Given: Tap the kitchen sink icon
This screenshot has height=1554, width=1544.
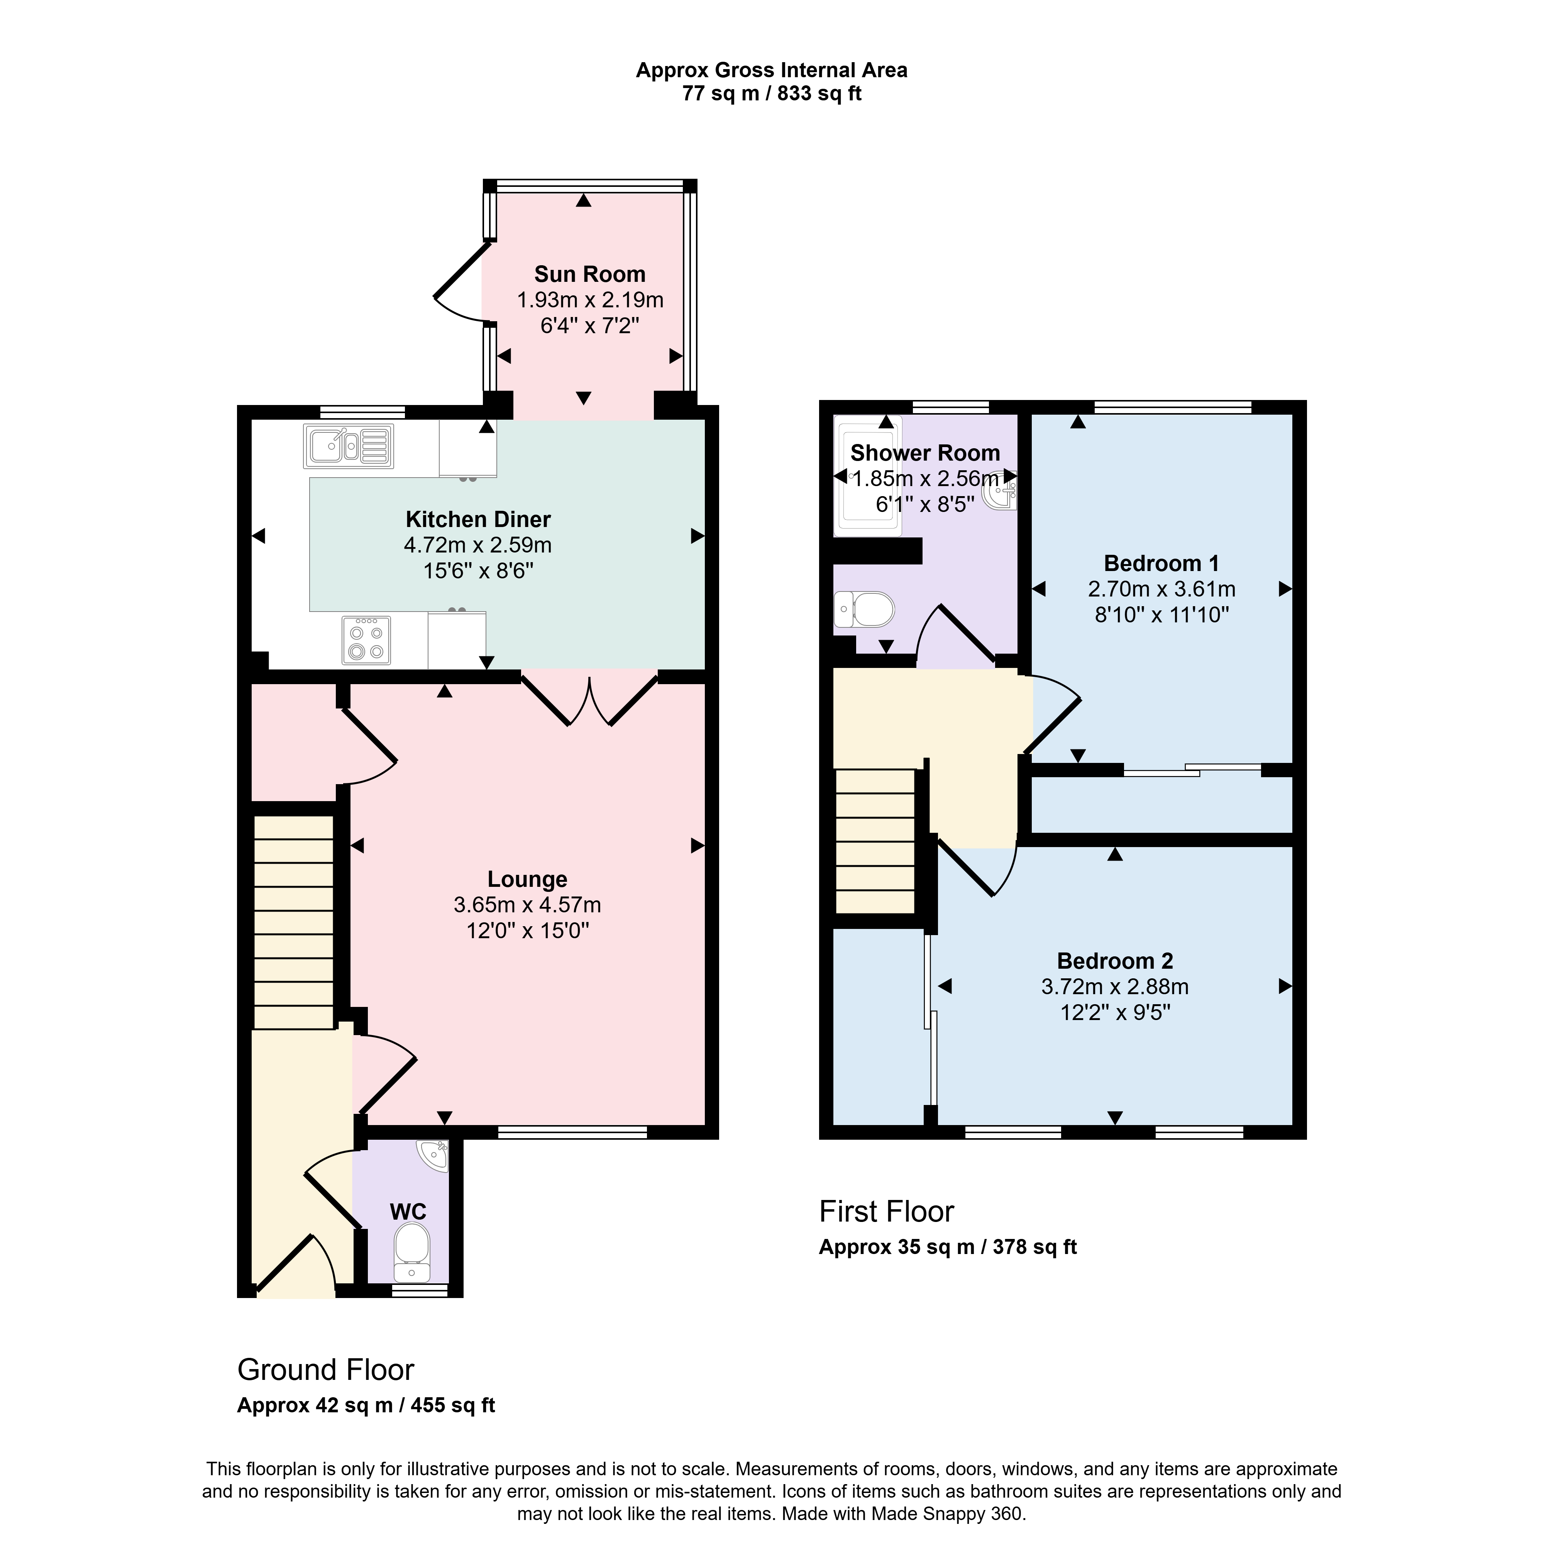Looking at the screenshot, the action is (348, 446).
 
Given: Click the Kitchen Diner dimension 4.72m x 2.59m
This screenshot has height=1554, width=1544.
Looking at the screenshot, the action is (478, 545).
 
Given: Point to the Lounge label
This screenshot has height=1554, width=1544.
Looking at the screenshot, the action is (528, 879).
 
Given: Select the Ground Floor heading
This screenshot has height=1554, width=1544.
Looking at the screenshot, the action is (326, 1370).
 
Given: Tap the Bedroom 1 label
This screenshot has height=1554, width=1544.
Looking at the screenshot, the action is (1161, 563).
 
